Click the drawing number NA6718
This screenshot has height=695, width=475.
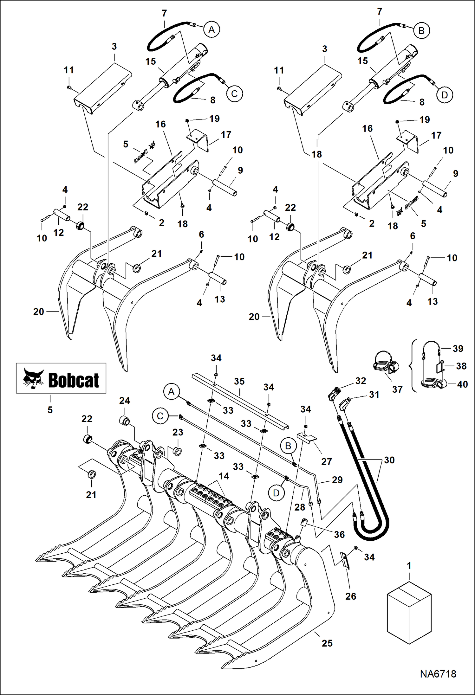438,674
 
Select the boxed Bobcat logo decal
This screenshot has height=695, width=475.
61,378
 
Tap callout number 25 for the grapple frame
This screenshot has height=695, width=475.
327,643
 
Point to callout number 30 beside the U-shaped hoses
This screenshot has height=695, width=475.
389,460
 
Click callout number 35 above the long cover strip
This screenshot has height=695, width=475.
239,381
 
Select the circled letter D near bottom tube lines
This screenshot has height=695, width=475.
276,493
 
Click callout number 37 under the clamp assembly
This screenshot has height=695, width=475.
397,389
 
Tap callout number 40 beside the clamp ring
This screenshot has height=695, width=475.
462,384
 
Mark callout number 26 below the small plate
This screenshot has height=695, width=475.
351,596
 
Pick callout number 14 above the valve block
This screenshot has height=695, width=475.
224,476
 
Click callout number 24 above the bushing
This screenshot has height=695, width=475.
124,401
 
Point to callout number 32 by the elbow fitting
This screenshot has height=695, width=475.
361,381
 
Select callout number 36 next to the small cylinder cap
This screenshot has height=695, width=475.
339,534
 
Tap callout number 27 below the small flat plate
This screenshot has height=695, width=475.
326,461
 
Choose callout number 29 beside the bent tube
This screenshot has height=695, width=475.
337,480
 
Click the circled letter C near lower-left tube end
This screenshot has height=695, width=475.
160,416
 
